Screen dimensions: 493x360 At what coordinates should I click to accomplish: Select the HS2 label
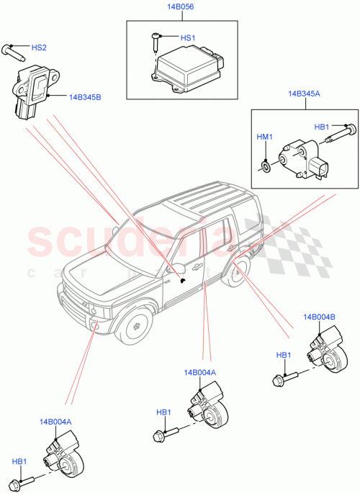click(x=39, y=48)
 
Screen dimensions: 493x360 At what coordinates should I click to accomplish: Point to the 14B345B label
click(x=85, y=96)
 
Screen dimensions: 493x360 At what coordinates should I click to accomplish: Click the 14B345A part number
click(x=305, y=94)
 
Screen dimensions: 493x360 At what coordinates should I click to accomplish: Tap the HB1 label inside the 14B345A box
click(x=322, y=127)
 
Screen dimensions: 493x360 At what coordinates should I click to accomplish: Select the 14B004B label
click(x=319, y=316)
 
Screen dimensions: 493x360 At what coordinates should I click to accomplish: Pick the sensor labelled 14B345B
click(x=31, y=87)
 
